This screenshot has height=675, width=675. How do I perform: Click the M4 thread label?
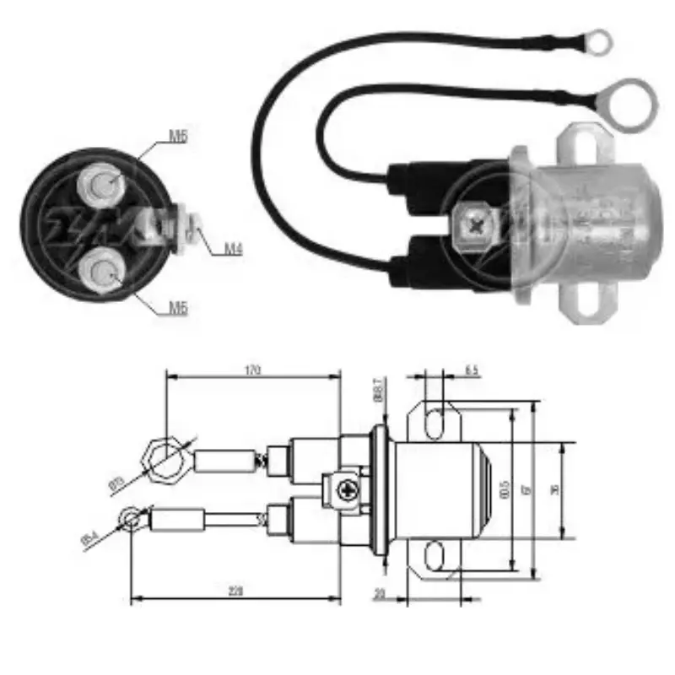tap(234, 249)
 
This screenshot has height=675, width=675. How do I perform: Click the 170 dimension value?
tap(253, 370)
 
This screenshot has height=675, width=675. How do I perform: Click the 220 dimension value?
tap(235, 591)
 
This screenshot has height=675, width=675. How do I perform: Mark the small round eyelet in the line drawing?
tap(129, 516)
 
